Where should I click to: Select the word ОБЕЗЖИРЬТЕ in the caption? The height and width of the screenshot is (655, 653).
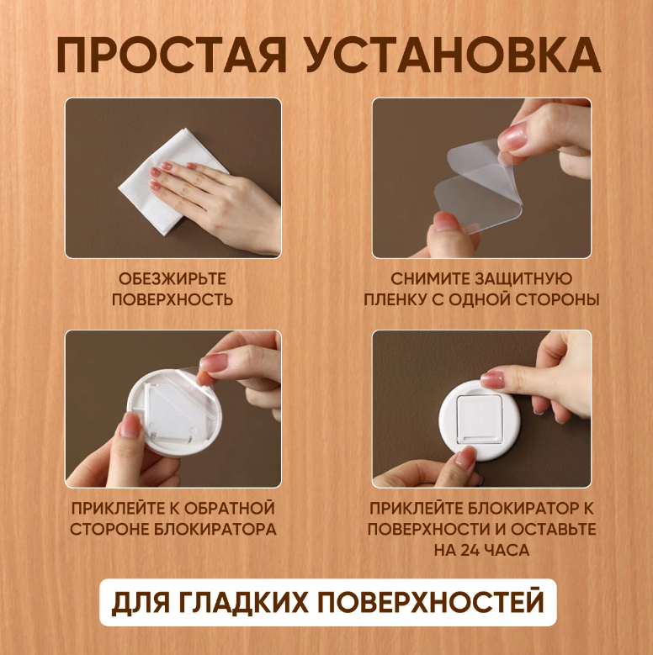[173, 278]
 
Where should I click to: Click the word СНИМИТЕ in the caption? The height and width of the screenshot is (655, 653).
[427, 278]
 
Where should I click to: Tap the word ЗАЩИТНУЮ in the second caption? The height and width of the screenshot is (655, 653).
[523, 278]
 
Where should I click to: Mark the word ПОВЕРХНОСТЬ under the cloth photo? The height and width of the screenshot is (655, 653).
[173, 299]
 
